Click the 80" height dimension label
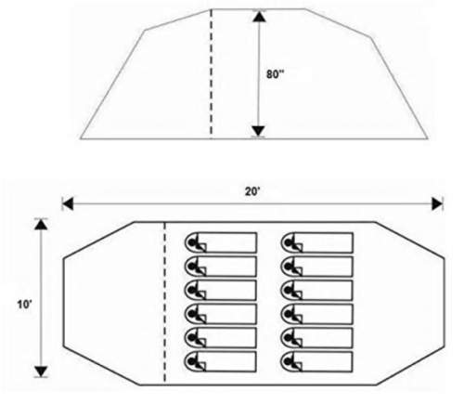(x=275, y=74)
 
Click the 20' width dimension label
(x=253, y=192)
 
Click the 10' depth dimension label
(x=24, y=305)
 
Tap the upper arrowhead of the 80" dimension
(x=259, y=17)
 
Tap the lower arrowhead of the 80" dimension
(x=258, y=131)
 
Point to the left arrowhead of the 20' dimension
(x=68, y=204)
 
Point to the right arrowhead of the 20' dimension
(x=437, y=204)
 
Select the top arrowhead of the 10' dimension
(x=41, y=225)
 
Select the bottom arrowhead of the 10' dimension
(x=41, y=371)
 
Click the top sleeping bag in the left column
(x=221, y=242)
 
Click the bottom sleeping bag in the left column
(x=221, y=361)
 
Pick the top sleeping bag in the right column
(x=317, y=242)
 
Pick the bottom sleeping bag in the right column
(x=317, y=361)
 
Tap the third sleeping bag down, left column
(x=221, y=290)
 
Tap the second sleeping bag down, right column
(x=317, y=267)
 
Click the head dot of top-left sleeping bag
(x=192, y=242)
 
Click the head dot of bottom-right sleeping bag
(x=289, y=361)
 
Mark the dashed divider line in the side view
(x=212, y=73)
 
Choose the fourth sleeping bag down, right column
(x=317, y=314)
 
